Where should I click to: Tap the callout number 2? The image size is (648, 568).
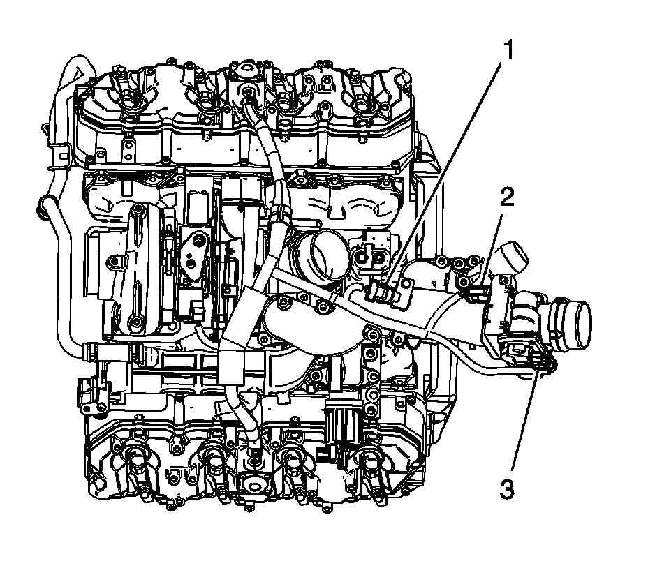(508, 197)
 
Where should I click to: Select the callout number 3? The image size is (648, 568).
(507, 489)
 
